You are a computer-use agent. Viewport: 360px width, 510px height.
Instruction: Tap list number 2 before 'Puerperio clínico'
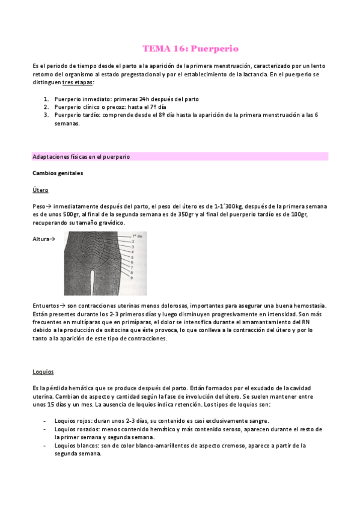(46, 106)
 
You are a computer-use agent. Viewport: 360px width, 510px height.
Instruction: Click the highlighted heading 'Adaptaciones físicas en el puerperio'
(81, 156)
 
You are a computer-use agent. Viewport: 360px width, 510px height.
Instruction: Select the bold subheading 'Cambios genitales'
(58, 173)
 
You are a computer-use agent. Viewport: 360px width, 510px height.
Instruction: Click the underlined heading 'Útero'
(40, 190)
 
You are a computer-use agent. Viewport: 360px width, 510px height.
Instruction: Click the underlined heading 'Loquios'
(43, 372)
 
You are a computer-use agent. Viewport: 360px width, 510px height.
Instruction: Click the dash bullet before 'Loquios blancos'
(45, 446)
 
